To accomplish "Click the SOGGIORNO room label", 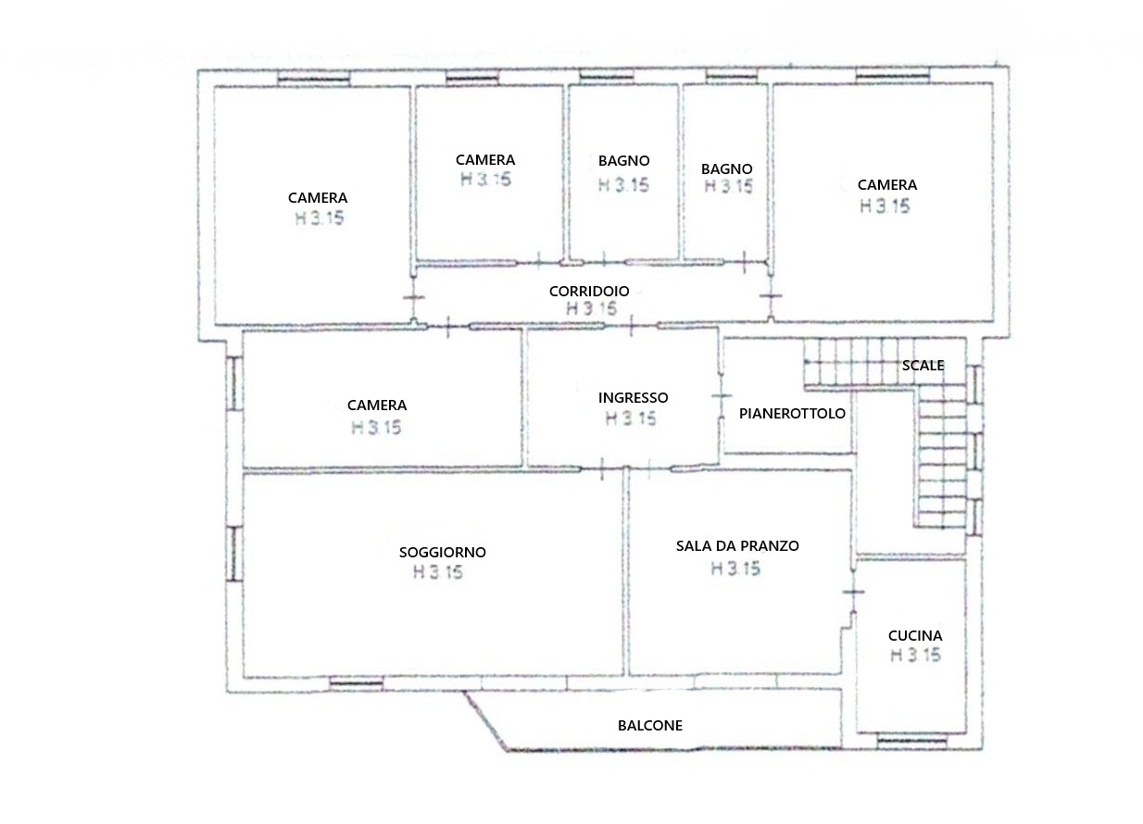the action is click(x=443, y=552).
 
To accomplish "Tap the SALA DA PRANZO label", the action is click(x=737, y=546).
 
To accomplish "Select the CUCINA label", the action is click(x=915, y=636).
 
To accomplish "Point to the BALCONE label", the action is click(x=650, y=726).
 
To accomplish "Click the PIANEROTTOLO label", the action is click(x=792, y=414).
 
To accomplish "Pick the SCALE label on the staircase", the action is click(x=923, y=366).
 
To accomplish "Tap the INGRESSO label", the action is click(x=634, y=398).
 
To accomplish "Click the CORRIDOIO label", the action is click(x=589, y=291).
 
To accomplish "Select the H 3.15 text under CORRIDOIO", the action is click(x=592, y=308).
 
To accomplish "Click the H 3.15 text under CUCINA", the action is click(x=915, y=655).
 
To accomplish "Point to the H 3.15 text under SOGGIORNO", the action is click(x=438, y=572).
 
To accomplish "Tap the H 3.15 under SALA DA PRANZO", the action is click(x=735, y=568).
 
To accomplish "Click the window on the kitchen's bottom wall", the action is click(x=911, y=741).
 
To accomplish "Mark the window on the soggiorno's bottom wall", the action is click(x=357, y=683).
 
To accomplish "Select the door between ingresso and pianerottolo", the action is click(x=721, y=396).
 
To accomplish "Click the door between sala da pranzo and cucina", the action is click(x=853, y=592).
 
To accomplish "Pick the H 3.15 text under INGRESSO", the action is click(x=631, y=418).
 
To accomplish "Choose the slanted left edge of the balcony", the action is click(x=484, y=720).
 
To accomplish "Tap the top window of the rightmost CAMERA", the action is click(x=893, y=77).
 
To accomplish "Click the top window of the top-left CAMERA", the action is click(x=314, y=79).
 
